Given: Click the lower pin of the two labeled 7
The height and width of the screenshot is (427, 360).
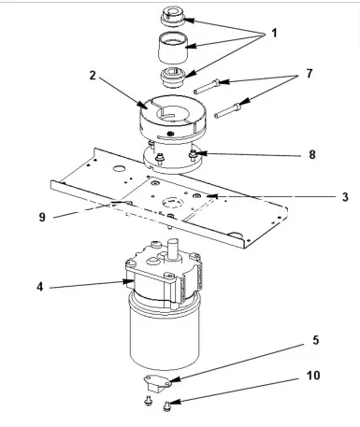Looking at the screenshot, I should [227, 114].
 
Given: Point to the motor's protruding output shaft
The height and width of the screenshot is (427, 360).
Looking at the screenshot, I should [174, 251].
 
